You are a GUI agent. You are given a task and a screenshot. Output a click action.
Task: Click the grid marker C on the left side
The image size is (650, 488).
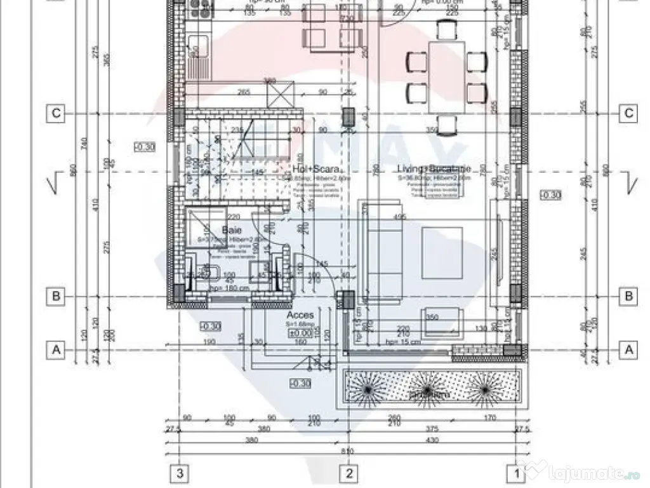click(x=56, y=114)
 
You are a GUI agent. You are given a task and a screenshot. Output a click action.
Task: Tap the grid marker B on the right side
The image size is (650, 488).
click(x=628, y=295)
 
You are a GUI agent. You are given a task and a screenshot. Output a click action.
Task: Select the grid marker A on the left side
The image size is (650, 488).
click(x=56, y=349)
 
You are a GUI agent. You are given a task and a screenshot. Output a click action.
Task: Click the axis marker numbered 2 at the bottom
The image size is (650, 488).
click(x=348, y=473)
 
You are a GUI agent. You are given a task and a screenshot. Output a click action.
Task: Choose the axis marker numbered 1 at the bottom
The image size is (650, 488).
click(x=516, y=473)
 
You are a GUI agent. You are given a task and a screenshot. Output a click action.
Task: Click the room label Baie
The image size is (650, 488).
click(x=229, y=229)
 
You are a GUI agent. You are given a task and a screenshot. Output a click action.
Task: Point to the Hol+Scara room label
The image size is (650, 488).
click(x=315, y=170)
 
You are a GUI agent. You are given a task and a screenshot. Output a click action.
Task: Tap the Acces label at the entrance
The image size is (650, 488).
click(x=300, y=315)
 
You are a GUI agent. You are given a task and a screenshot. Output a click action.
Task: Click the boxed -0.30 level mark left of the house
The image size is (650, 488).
click(x=145, y=147)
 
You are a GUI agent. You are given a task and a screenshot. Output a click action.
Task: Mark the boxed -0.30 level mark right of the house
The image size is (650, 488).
click(x=550, y=194)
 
